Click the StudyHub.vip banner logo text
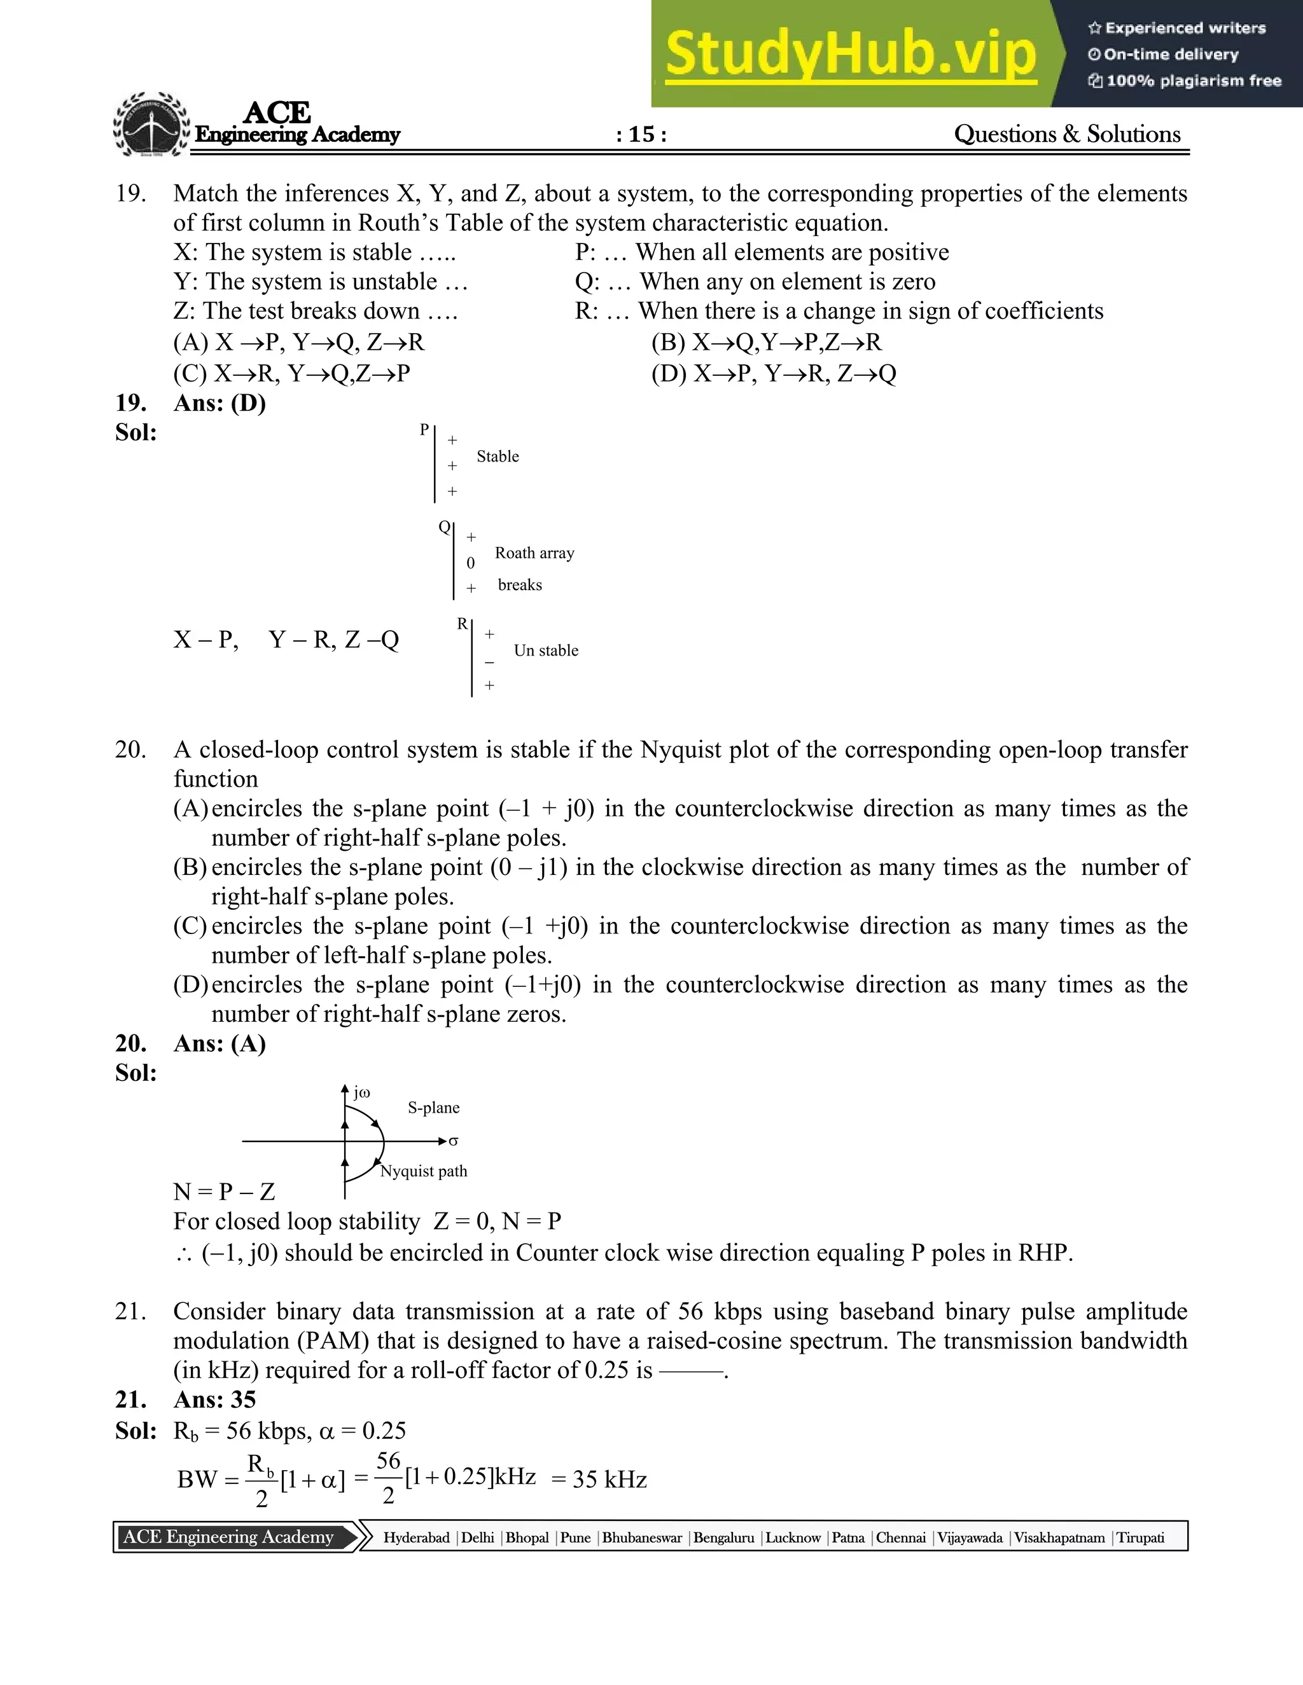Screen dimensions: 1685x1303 pyautogui.click(x=850, y=55)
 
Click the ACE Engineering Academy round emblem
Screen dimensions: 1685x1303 pyautogui.click(x=151, y=126)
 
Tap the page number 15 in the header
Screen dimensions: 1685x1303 pyautogui.click(x=641, y=134)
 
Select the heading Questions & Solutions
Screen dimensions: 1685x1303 pyautogui.click(x=1067, y=134)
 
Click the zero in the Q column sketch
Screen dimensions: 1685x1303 pyautogui.click(x=471, y=563)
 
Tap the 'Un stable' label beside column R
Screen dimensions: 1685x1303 pyautogui.click(x=546, y=650)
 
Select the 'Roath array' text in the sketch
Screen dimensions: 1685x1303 pyautogui.click(x=534, y=553)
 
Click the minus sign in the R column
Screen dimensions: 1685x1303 pyautogui.click(x=489, y=662)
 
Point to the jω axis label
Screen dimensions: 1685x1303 pyautogui.click(x=361, y=1092)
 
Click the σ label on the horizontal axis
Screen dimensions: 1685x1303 pyautogui.click(x=453, y=1141)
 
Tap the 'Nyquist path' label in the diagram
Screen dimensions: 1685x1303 pyautogui.click(x=424, y=1171)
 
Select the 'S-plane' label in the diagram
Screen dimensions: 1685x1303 pyautogui.click(x=433, y=1108)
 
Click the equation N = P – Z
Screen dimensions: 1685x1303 pyautogui.click(x=224, y=1192)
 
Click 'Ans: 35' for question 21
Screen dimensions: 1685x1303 pyautogui.click(x=214, y=1400)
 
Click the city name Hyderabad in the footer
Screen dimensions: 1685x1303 pyautogui.click(x=416, y=1537)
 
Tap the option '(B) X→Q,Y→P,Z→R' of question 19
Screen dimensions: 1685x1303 pyautogui.click(x=766, y=342)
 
